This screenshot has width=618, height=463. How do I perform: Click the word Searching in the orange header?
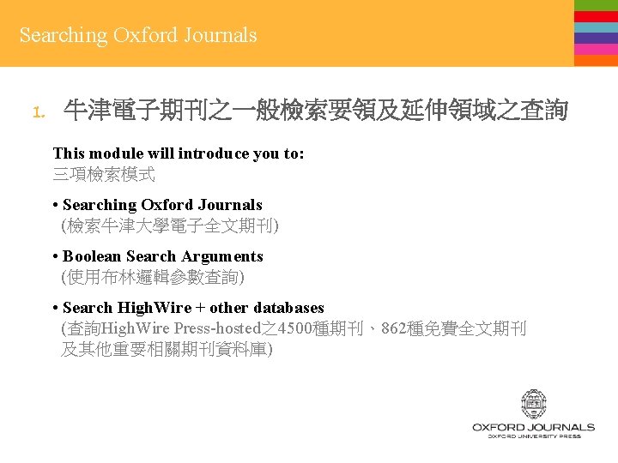click(64, 36)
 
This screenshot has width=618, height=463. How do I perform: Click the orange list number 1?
click(37, 111)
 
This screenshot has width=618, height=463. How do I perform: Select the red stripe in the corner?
click(596, 16)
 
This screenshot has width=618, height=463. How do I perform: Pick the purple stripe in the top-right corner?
click(596, 38)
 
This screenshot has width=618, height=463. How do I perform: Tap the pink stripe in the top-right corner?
click(596, 49)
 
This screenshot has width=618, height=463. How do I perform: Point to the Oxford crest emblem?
click(533, 405)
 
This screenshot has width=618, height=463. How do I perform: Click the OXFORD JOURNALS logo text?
click(533, 426)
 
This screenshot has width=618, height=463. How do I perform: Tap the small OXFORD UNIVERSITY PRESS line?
click(533, 436)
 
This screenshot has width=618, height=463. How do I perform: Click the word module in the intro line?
click(112, 153)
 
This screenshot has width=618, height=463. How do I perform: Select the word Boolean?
click(92, 256)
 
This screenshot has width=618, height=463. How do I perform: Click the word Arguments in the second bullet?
click(222, 256)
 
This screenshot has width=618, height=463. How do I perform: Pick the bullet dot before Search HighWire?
click(55, 308)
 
